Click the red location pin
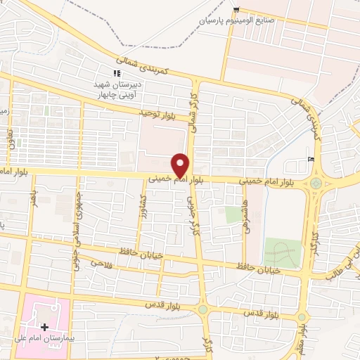click(181, 165)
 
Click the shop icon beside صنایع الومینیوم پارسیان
click(236, 10)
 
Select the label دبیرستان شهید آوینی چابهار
click(119, 89)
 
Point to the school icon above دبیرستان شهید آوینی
click(117, 72)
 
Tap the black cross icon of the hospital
click(45, 327)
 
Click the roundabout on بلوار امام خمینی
click(316, 184)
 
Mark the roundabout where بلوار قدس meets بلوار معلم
click(301, 317)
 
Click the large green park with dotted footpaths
click(281, 252)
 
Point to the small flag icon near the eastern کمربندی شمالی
click(311, 159)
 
